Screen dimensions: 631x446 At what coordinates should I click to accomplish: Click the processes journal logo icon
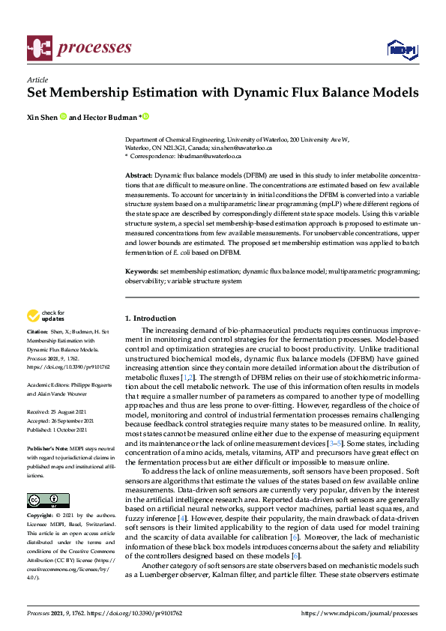(x=38, y=48)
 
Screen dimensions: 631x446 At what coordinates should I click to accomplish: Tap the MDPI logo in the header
(x=403, y=49)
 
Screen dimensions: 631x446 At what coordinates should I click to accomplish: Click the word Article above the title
(x=37, y=79)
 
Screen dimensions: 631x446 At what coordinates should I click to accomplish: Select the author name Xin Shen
(x=42, y=117)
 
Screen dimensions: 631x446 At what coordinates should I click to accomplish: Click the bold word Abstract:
(x=139, y=174)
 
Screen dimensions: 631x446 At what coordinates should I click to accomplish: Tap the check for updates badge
(x=46, y=315)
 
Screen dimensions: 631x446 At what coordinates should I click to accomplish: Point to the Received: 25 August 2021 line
(x=58, y=411)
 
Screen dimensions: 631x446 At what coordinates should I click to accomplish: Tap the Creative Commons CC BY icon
(x=48, y=500)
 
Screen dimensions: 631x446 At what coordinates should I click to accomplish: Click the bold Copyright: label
(x=41, y=516)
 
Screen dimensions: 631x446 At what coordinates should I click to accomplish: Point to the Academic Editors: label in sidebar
(x=48, y=384)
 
